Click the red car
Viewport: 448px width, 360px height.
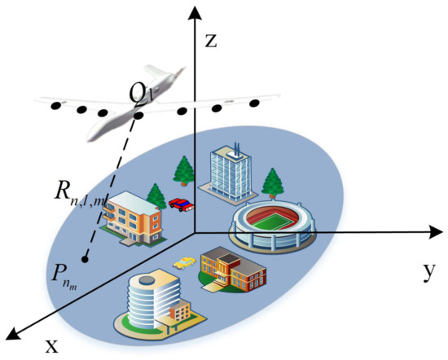[182, 204]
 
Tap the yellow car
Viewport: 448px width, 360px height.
[186, 262]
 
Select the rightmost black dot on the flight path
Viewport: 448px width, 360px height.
[254, 103]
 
